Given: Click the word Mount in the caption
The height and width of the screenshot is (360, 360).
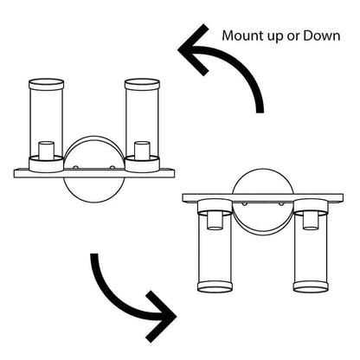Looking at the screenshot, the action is (x=243, y=36).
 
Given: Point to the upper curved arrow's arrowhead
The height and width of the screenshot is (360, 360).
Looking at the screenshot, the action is (x=193, y=49).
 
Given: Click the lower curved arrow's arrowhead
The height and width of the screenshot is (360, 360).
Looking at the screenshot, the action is (x=162, y=317).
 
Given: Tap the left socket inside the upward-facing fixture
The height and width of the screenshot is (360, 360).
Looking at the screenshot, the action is (x=47, y=150).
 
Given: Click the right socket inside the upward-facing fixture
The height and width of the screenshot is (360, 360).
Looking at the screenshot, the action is (x=142, y=150).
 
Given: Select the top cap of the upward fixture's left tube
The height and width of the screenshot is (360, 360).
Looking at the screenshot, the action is (x=47, y=84).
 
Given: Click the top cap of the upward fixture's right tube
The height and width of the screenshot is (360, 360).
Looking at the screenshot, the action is (x=142, y=84).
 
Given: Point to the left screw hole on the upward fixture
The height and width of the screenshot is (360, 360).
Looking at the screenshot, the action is (x=75, y=167).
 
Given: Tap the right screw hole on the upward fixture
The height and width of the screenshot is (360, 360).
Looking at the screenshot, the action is (x=112, y=167).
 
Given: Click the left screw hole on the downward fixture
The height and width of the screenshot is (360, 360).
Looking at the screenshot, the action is (x=245, y=203).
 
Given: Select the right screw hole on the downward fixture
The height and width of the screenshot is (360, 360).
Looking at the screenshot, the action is (x=281, y=203).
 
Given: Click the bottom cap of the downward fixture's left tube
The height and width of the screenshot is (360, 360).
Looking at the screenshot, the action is (x=215, y=287).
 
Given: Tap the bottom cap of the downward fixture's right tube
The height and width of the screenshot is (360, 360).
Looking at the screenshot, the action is (x=311, y=287).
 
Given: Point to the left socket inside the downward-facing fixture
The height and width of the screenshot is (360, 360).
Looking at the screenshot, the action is (x=215, y=221).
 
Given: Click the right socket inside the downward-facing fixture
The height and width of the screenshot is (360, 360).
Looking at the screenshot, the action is (x=311, y=221).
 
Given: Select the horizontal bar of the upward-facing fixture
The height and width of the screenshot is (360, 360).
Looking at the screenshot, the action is (x=94, y=173).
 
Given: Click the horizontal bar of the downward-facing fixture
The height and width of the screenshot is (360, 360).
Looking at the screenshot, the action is (x=263, y=198).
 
